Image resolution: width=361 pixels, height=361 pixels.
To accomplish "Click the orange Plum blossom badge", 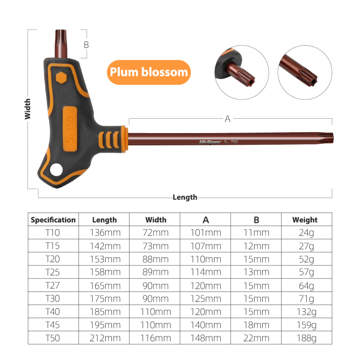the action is coord(149,72).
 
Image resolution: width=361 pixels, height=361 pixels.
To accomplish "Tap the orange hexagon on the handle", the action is coord(61,78).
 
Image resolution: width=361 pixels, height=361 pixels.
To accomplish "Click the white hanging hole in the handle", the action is coord(56,170).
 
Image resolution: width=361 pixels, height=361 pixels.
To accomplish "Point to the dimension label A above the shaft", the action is coord(227,119).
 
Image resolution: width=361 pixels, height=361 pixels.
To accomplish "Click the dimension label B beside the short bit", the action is coord(86,45).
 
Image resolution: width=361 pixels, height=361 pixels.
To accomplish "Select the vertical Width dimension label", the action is coord(28,109).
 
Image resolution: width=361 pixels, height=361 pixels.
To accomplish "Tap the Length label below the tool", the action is coord(185,197).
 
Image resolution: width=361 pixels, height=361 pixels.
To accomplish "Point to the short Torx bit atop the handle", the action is coord(61,43).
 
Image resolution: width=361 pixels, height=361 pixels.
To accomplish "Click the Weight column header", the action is coord(305,220).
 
